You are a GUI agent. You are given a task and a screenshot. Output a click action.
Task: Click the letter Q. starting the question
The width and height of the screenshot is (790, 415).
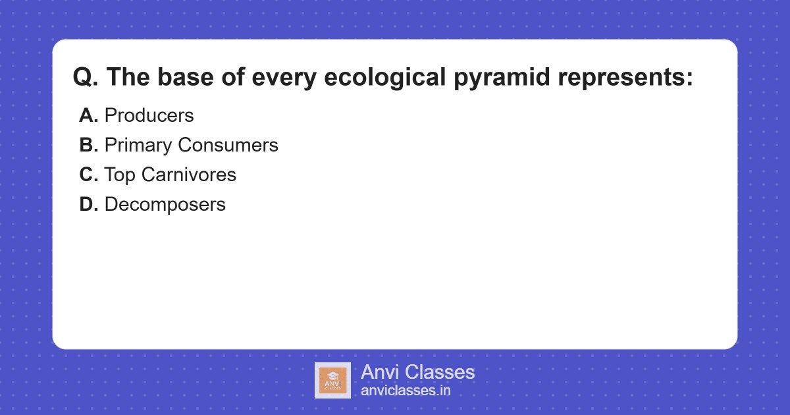pyautogui.click(x=86, y=78)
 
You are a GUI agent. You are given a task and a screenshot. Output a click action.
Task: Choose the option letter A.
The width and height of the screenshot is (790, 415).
pyautogui.click(x=88, y=115)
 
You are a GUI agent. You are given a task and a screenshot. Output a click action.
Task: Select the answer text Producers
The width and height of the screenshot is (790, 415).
pyautogui.click(x=149, y=115)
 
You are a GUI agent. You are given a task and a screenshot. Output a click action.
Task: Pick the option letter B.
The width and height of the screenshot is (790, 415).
pyautogui.click(x=88, y=145)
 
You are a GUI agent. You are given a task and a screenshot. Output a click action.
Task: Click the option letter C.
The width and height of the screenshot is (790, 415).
pyautogui.click(x=88, y=175)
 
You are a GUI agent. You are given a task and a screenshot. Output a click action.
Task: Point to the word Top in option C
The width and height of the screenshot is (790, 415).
pyautogui.click(x=120, y=175)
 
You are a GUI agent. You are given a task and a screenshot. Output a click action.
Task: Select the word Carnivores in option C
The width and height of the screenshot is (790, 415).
pyautogui.click(x=188, y=175)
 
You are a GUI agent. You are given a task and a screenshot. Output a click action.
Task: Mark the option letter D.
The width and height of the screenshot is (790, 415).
pyautogui.click(x=88, y=204)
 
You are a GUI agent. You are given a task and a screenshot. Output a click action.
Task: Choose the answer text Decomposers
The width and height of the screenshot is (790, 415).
pyautogui.click(x=165, y=204)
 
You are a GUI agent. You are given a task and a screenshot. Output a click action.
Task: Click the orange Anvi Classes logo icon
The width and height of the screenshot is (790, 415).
pyautogui.click(x=332, y=380)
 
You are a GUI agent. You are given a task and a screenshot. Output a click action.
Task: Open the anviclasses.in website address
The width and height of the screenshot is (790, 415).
pyautogui.click(x=406, y=391)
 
